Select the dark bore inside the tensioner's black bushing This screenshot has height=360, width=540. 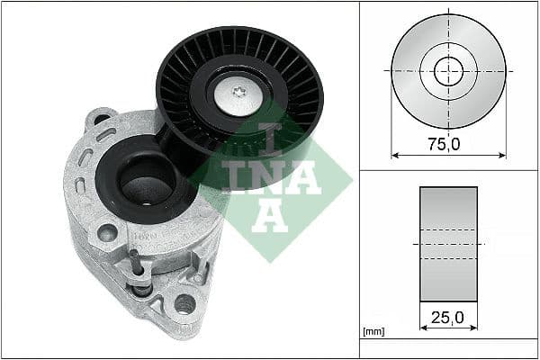tap(144, 188)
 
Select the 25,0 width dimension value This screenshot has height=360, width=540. tap(447, 318)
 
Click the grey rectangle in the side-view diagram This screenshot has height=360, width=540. tap(447, 244)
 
